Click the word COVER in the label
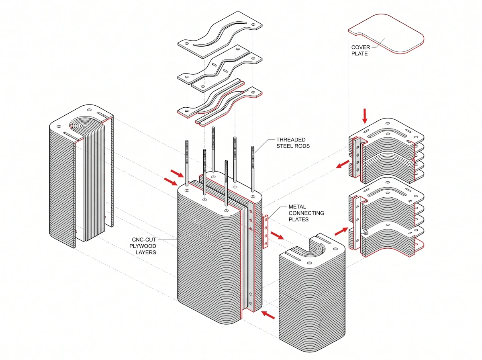[361, 47]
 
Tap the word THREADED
[291, 140]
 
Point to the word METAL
[297, 207]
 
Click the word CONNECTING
[306, 213]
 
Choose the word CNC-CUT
[144, 239]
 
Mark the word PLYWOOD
[143, 246]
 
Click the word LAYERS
[146, 252]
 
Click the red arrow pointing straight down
[365, 116]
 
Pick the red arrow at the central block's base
[268, 315]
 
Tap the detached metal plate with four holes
[266, 232]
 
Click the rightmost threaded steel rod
[253, 169]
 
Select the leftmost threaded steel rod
[187, 163]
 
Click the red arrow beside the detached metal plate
[277, 235]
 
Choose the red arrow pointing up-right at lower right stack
[341, 231]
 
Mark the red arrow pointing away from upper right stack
[343, 164]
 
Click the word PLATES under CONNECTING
[299, 219]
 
